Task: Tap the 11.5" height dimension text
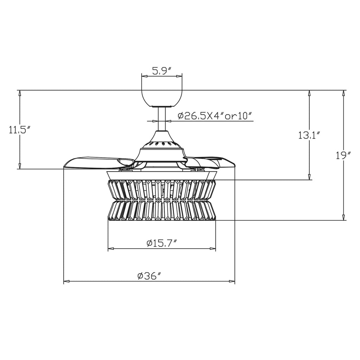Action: pos(20,130)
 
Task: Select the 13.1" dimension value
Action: pos(309,135)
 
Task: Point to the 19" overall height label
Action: pos(343,156)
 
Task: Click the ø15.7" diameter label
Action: pos(162,243)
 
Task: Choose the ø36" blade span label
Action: pos(150,276)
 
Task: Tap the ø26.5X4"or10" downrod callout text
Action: pos(215,116)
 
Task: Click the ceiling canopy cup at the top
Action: pos(162,98)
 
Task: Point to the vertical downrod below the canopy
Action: pos(162,119)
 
